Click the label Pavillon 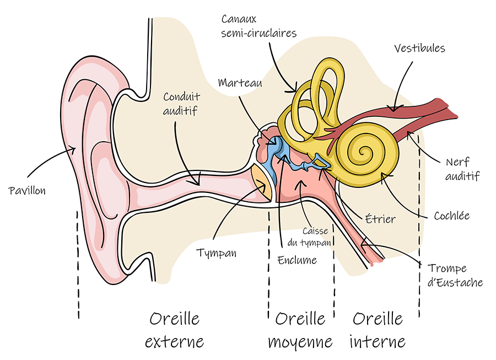pyautogui.click(x=27, y=191)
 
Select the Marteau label pyautogui.click(x=239, y=83)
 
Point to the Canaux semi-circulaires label pyautogui.click(x=258, y=26)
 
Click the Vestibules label pyautogui.click(x=419, y=48)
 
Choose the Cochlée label pyautogui.click(x=451, y=216)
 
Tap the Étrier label pyautogui.click(x=380, y=219)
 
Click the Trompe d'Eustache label pyautogui.click(x=455, y=276)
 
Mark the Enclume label pyautogui.click(x=298, y=260)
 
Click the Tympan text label pyautogui.click(x=217, y=253)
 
